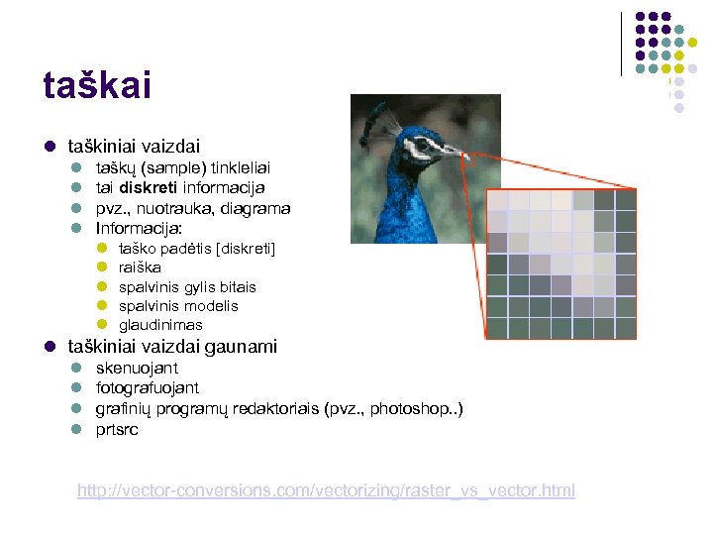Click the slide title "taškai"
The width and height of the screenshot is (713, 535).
coord(97,85)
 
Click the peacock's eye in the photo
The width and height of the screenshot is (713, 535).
coord(422,145)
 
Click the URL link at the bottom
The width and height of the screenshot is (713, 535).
coord(326,490)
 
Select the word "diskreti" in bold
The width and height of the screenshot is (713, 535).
coord(151,188)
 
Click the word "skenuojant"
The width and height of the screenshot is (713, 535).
coord(137,369)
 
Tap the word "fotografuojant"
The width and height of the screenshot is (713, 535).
coord(147,388)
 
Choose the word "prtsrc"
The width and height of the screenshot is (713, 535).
coord(117,430)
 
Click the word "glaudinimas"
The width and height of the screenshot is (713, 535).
coord(160,325)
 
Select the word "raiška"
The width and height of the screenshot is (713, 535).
coord(140,267)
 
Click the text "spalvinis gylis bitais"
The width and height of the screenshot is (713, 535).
coord(187,287)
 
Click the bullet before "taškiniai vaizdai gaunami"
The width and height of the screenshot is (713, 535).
coord(49,347)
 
